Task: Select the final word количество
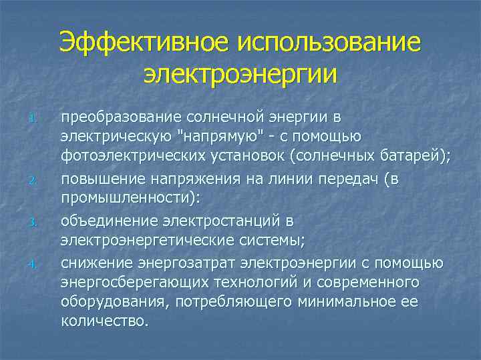[104, 321]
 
